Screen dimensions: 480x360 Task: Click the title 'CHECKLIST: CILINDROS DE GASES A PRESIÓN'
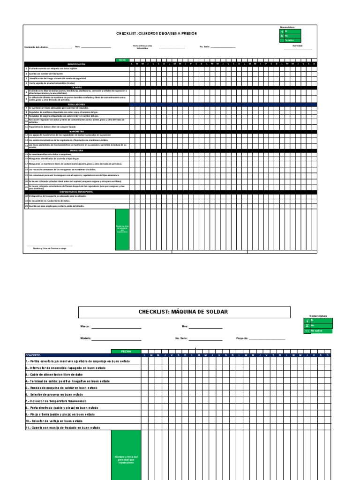157,34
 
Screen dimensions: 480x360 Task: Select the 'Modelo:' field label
85,338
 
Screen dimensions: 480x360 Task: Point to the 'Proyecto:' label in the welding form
242,338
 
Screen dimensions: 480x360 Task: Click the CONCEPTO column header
34,355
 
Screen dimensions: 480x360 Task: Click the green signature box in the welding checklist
126,455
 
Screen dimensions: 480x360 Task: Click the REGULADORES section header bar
76,104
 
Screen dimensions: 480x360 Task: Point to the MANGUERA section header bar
76,150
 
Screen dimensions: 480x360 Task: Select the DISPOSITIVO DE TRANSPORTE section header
76,192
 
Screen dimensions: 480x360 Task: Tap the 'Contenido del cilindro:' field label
36,47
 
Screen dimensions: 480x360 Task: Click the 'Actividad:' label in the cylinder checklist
298,45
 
